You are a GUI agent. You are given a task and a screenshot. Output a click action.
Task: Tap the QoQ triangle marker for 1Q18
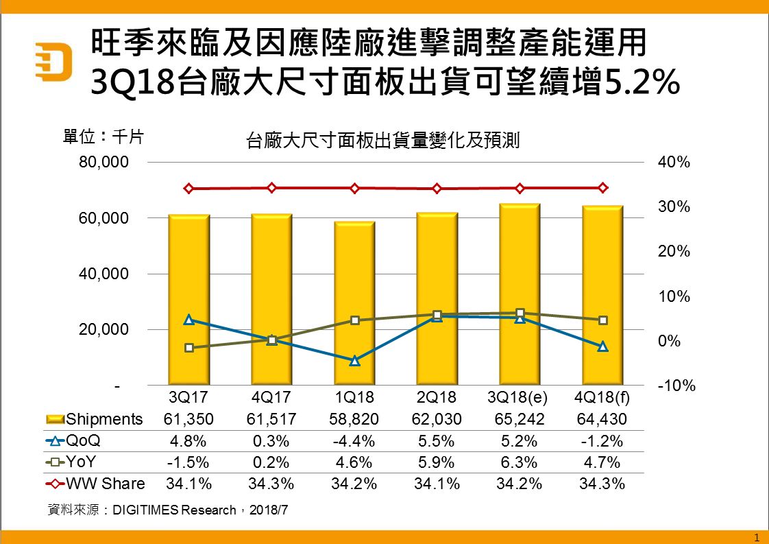pyautogui.click(x=354, y=361)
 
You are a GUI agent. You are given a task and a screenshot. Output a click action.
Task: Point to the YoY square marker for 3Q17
pyautogui.click(x=189, y=348)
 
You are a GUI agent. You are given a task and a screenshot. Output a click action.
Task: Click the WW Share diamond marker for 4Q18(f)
pyautogui.click(x=602, y=188)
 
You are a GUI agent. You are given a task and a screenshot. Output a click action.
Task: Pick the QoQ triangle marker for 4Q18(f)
pyautogui.click(x=602, y=346)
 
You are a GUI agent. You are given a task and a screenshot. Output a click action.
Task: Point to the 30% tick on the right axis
pyautogui.click(x=674, y=207)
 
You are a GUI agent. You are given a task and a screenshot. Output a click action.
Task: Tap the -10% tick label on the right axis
pyautogui.click(x=676, y=386)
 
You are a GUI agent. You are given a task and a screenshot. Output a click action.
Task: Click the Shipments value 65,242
pyautogui.click(x=520, y=419)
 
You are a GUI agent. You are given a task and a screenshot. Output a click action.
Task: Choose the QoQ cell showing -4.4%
pyautogui.click(x=354, y=440)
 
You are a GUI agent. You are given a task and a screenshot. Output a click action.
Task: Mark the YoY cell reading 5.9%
pyautogui.click(x=437, y=462)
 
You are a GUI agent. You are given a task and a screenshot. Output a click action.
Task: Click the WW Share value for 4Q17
pyautogui.click(x=271, y=483)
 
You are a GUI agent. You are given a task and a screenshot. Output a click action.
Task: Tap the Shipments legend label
pyautogui.click(x=105, y=419)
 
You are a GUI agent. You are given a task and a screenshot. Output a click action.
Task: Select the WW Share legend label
pyautogui.click(x=105, y=483)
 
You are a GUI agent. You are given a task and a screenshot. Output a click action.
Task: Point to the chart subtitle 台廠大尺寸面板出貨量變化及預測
pyautogui.click(x=383, y=141)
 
